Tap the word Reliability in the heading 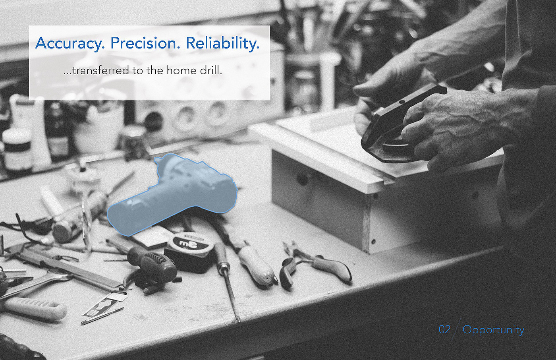tap(223, 44)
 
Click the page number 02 tap(444, 329)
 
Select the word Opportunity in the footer tap(493, 331)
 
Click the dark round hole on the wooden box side tap(302, 179)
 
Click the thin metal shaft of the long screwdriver tap(232, 296)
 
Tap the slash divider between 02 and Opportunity tap(456, 329)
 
